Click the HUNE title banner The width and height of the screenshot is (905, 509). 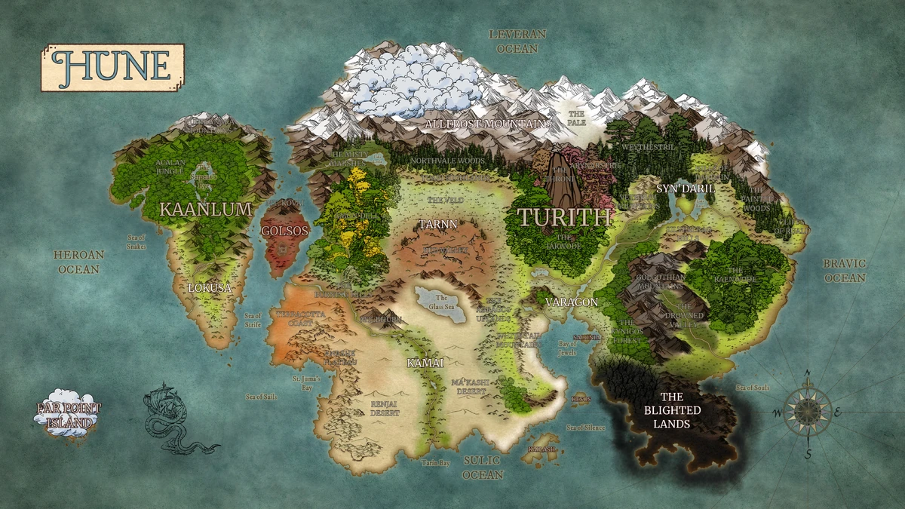point(112,67)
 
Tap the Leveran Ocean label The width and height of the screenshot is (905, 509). point(517,41)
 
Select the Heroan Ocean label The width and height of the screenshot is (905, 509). point(78,262)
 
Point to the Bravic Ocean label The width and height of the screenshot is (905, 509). point(845,271)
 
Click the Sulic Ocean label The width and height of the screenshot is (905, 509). point(483,467)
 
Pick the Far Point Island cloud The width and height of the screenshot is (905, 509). point(68,412)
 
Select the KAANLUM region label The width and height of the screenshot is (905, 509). point(205,210)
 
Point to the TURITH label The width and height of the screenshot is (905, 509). point(563,217)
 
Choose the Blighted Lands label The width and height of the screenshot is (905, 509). point(671,410)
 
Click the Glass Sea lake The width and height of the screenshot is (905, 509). point(442,305)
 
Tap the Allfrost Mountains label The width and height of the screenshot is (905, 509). point(489,123)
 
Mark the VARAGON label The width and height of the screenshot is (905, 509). point(572,302)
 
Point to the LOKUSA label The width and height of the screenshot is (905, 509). point(209,288)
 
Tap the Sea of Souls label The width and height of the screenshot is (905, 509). point(752,387)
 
